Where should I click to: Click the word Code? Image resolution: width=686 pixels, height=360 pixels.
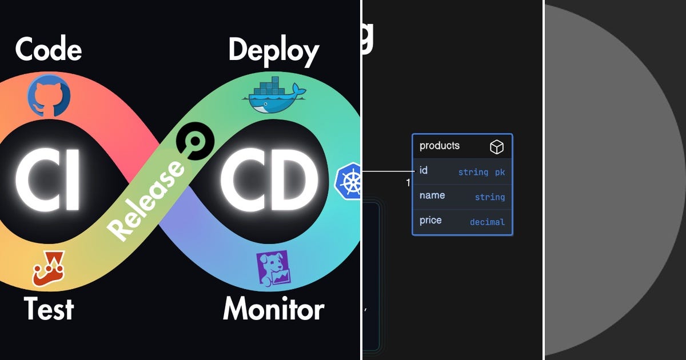[49, 50]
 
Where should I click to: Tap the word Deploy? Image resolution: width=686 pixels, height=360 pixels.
[273, 51]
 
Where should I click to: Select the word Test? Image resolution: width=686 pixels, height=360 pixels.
[49, 309]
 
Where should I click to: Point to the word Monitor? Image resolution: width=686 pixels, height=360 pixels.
[273, 309]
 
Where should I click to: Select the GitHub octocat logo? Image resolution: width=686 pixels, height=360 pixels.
[49, 97]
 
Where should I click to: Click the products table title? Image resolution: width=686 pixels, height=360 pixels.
[440, 146]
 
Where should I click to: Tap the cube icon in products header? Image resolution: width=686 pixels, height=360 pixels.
[497, 147]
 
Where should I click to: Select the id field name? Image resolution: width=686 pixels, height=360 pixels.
[424, 170]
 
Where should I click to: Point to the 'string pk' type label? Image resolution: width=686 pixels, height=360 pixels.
[481, 172]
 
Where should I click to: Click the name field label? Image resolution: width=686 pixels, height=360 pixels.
[432, 195]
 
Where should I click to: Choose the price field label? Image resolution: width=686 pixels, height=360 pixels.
[430, 221]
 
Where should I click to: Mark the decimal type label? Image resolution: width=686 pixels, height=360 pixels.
[487, 222]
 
